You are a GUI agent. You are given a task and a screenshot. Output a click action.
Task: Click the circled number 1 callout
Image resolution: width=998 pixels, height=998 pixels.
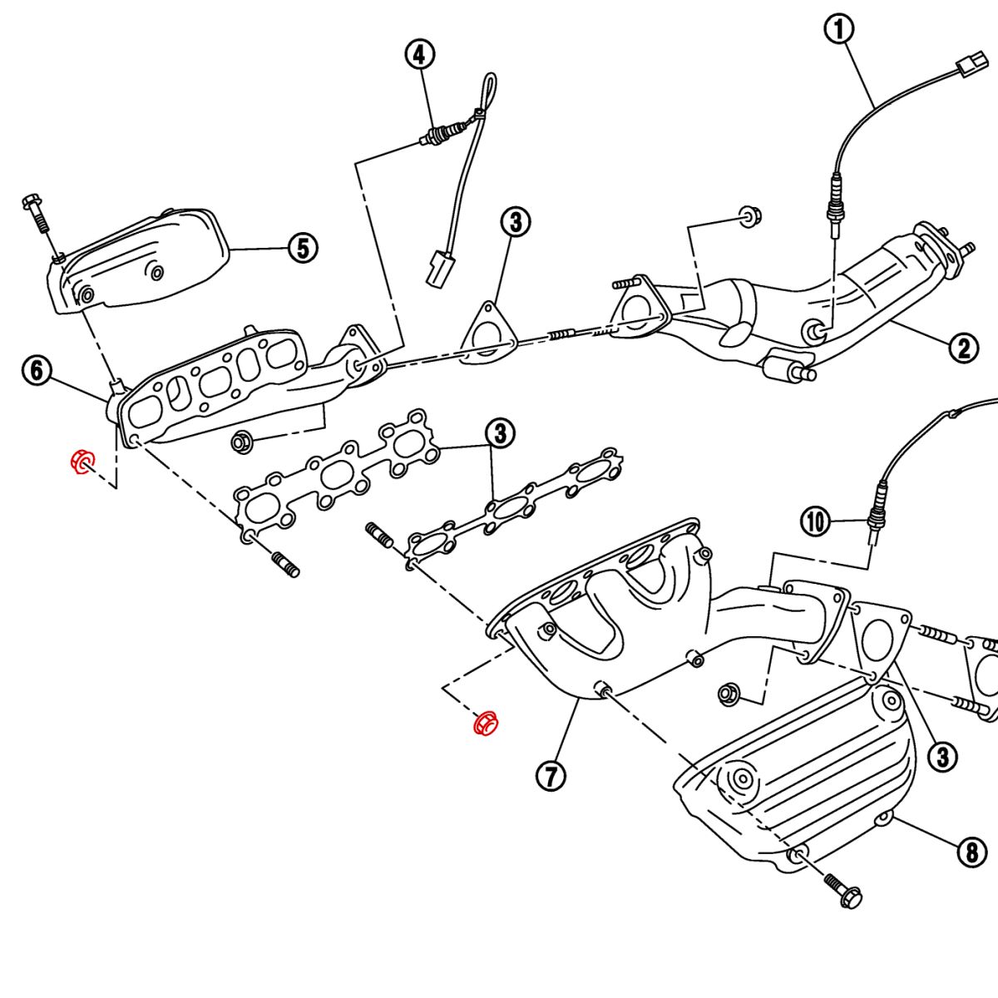tap(839, 30)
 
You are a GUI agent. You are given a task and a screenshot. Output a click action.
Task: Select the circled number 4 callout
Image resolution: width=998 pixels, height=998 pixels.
tap(419, 55)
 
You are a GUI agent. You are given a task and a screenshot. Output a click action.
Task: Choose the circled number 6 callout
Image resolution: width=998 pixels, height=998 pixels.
tap(37, 370)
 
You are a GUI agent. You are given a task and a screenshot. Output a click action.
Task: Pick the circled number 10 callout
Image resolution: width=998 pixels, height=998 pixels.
tap(816, 521)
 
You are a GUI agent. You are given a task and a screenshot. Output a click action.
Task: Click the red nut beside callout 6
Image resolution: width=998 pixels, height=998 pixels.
tap(83, 462)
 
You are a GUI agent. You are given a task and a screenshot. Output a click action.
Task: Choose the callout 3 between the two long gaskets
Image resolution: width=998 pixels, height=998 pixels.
tap(500, 432)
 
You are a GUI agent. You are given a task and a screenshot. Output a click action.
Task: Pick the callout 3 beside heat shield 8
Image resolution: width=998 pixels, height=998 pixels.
tap(942, 756)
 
